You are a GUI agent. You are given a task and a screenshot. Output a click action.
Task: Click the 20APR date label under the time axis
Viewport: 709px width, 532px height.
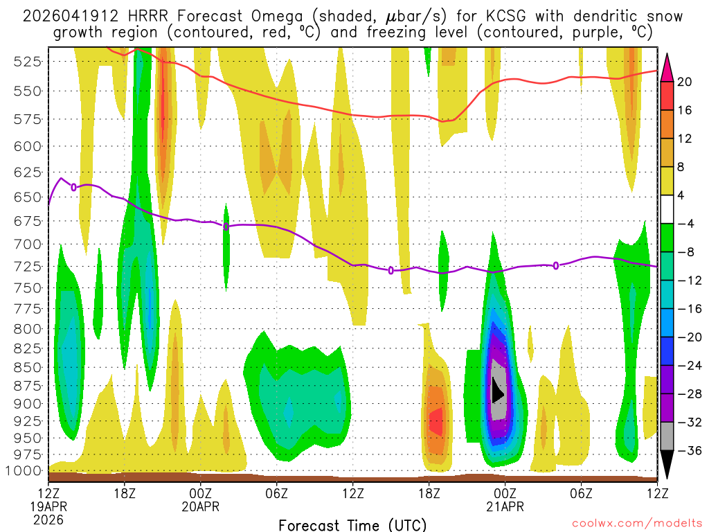[x=201, y=507]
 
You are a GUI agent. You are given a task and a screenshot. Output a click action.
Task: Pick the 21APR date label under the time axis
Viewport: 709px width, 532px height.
[x=505, y=507]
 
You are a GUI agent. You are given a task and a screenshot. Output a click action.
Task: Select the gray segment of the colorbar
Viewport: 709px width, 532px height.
[x=667, y=436]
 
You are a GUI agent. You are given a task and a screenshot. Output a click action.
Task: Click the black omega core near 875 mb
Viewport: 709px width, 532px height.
[x=496, y=391]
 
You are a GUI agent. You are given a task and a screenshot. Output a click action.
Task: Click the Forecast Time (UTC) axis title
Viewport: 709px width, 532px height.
[x=352, y=524]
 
